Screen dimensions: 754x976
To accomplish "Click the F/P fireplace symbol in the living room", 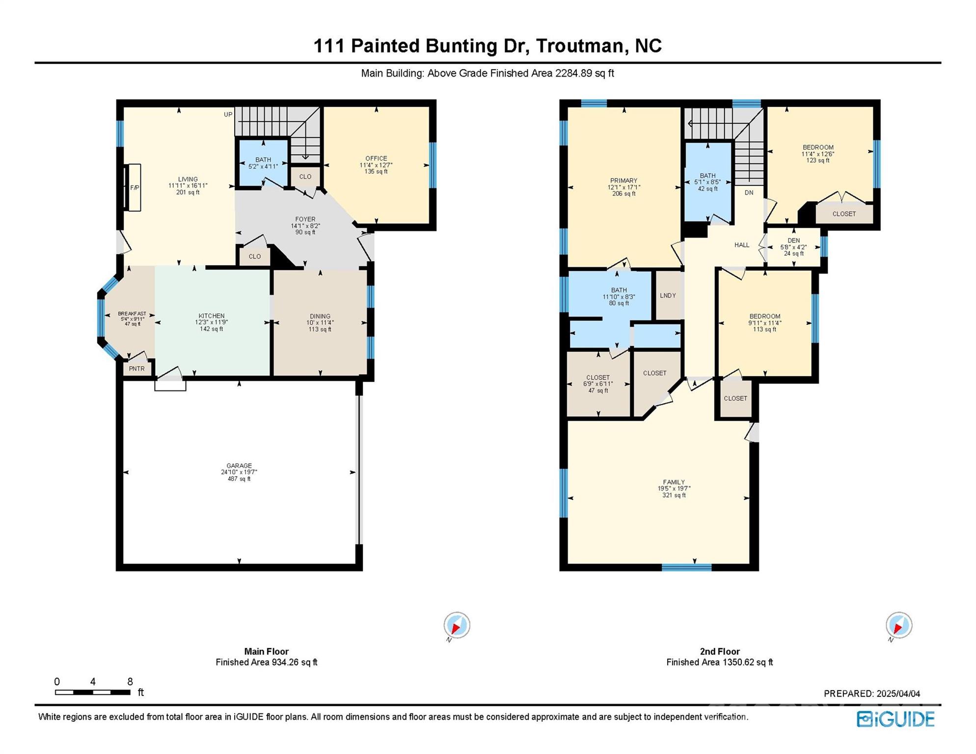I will coord(134,188).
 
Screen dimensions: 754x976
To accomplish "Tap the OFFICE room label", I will coord(376,159).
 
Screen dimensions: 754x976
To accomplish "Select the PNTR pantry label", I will coord(137,369).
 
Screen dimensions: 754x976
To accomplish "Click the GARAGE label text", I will coord(239,466).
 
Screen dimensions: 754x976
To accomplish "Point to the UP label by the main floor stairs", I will coord(228,114).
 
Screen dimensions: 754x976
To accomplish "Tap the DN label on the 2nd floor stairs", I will coord(749,192).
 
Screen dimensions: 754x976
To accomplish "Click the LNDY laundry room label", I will coord(668,296).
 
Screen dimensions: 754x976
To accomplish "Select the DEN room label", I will coord(793,241).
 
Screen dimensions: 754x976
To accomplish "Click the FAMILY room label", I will coord(674,482).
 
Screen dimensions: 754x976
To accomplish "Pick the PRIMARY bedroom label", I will coord(624,181).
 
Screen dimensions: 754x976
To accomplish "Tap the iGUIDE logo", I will coord(895,719).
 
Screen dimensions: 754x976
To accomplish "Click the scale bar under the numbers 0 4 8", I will coord(92,692).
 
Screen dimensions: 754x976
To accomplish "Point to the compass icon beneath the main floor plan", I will coord(457,625).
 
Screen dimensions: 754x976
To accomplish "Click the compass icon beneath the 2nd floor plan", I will coord(899,625).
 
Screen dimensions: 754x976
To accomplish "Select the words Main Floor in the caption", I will coord(266,651).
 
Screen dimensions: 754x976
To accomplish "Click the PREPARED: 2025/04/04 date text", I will coord(871,694).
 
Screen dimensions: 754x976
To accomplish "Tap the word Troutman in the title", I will coord(579,46).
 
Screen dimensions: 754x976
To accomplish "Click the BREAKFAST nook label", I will coord(132,314).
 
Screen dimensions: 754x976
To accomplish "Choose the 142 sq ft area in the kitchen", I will coord(211,329).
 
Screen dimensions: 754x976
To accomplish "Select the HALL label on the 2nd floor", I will coord(741,245).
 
